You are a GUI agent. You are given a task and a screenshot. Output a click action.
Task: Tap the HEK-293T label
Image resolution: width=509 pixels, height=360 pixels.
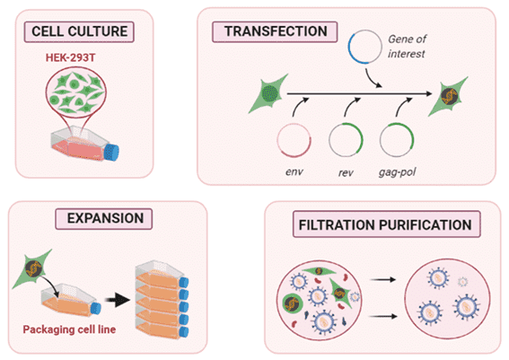(78, 56)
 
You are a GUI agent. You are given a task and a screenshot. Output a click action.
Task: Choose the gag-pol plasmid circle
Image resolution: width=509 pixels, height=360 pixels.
(396, 140)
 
